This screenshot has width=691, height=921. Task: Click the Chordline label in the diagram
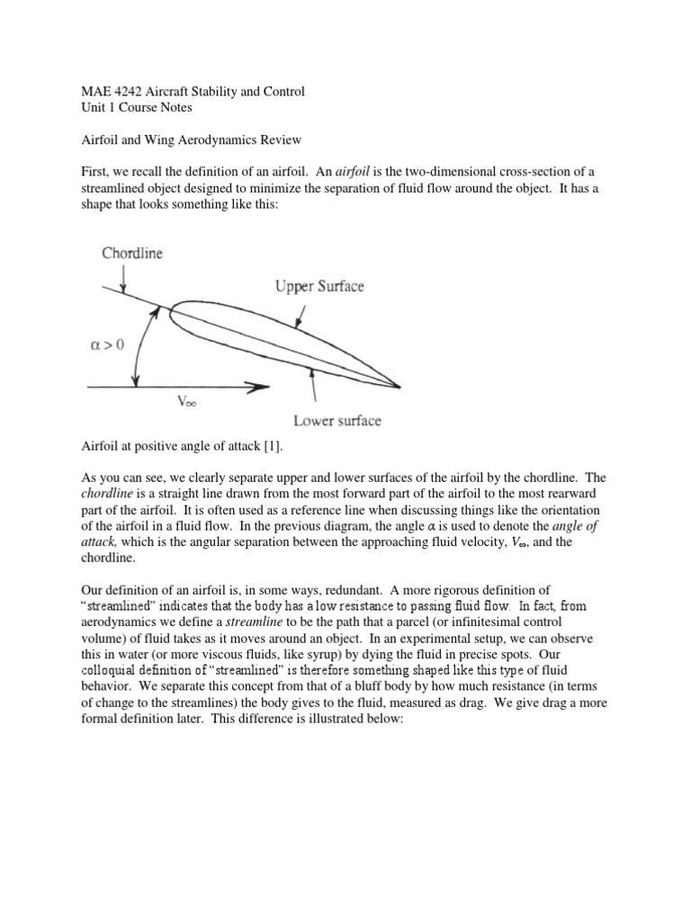point(131,254)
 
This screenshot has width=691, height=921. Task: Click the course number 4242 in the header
point(117,92)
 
